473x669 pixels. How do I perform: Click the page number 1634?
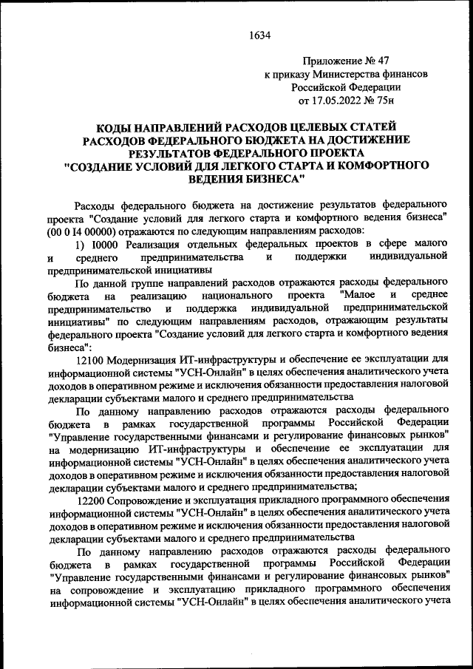(x=260, y=34)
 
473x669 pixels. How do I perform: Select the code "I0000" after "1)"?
(x=107, y=243)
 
